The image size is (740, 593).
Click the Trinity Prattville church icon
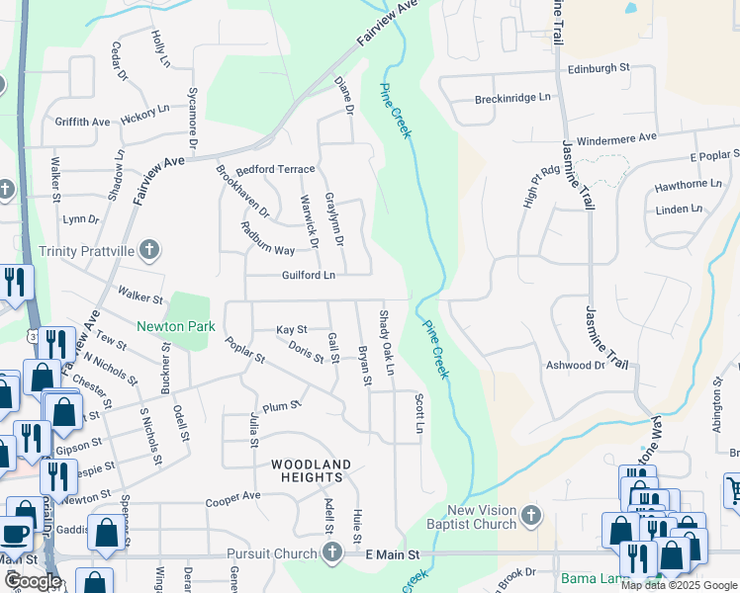pos(149,249)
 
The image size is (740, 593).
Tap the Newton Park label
pos(175,326)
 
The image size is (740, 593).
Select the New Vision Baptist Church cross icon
pos(531,516)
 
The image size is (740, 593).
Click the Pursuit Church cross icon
pos(331,555)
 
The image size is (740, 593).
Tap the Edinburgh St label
pos(600,68)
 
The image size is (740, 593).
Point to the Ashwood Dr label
pos(575,365)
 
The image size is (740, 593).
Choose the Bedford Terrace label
pos(274,170)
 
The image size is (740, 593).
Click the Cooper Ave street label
pos(232,496)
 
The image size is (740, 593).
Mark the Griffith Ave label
pos(83,122)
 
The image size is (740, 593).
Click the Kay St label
pos(291,328)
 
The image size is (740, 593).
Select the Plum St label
pos(281,405)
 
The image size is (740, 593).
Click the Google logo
pos(33,581)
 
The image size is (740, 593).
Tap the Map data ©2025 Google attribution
pos(679,585)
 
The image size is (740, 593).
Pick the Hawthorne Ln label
pos(688,185)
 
